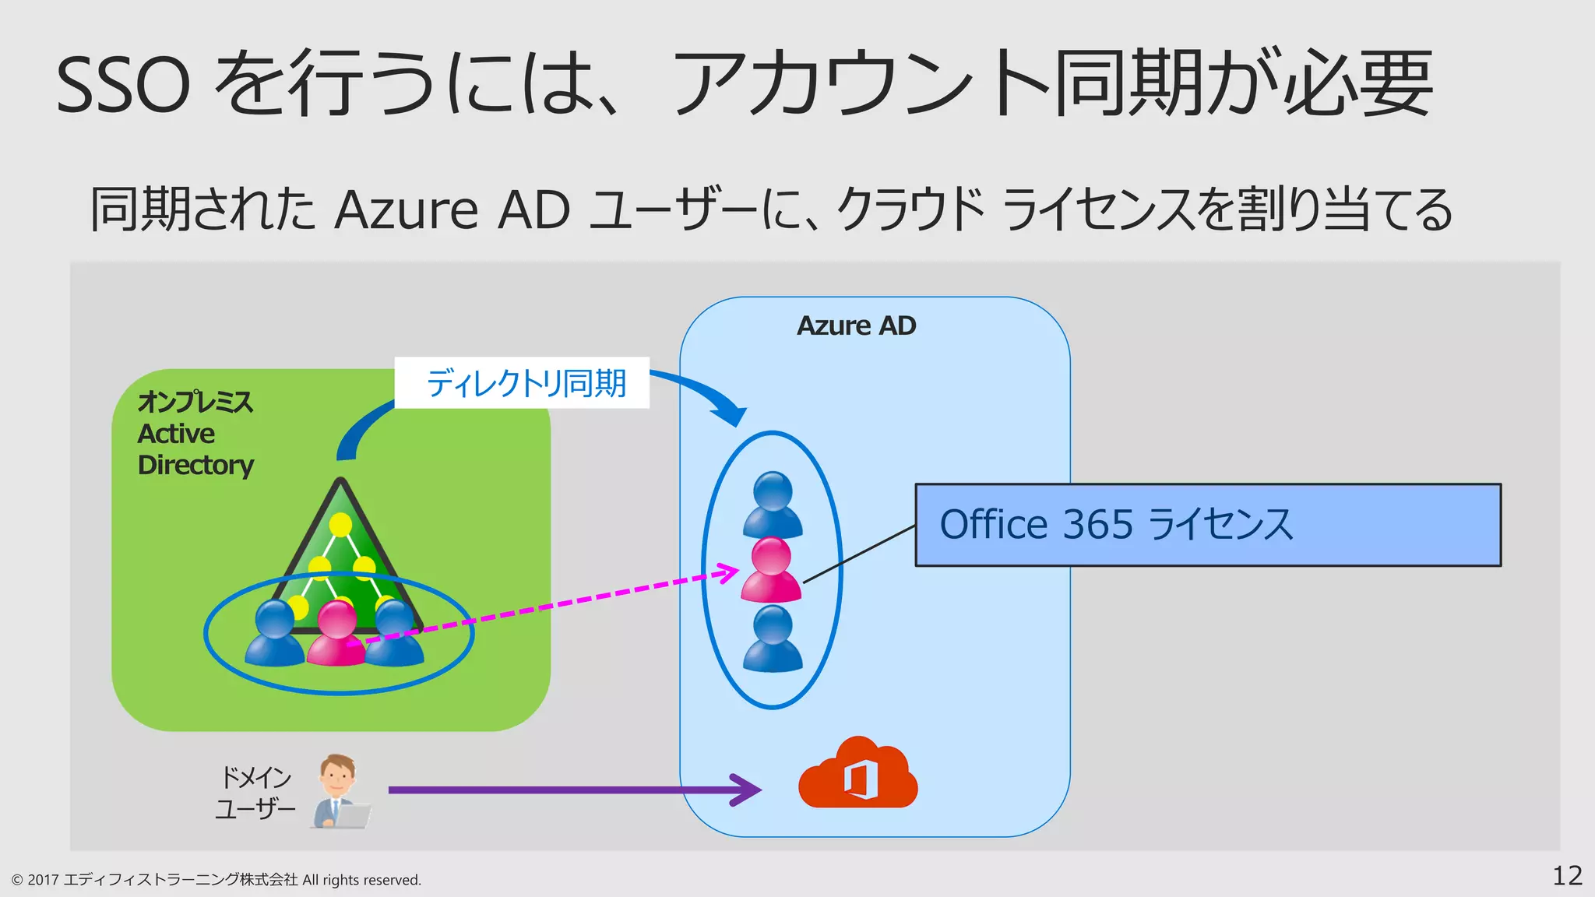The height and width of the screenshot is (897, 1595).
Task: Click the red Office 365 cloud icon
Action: [x=857, y=775]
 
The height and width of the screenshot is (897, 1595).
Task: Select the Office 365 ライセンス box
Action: [x=1207, y=525]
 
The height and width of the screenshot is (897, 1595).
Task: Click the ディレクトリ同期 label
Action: [x=523, y=383]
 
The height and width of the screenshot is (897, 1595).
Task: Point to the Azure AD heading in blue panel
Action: [x=856, y=325]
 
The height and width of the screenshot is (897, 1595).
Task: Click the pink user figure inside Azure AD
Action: [x=771, y=570]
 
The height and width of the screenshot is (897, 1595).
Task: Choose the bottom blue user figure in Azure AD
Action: [x=773, y=639]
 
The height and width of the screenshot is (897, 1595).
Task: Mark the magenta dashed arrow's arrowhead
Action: [x=729, y=573]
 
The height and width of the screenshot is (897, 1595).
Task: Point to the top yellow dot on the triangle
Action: [x=340, y=525]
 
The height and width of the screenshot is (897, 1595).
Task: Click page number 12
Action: [x=1567, y=876]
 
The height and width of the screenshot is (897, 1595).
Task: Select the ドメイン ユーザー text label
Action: [x=255, y=793]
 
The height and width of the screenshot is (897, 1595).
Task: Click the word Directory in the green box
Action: [x=195, y=465]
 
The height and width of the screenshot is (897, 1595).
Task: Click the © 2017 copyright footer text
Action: [x=216, y=880]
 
